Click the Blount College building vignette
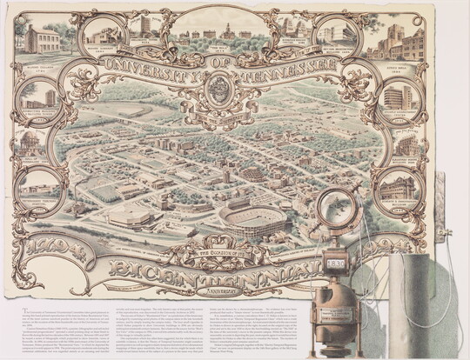click(42, 39)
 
